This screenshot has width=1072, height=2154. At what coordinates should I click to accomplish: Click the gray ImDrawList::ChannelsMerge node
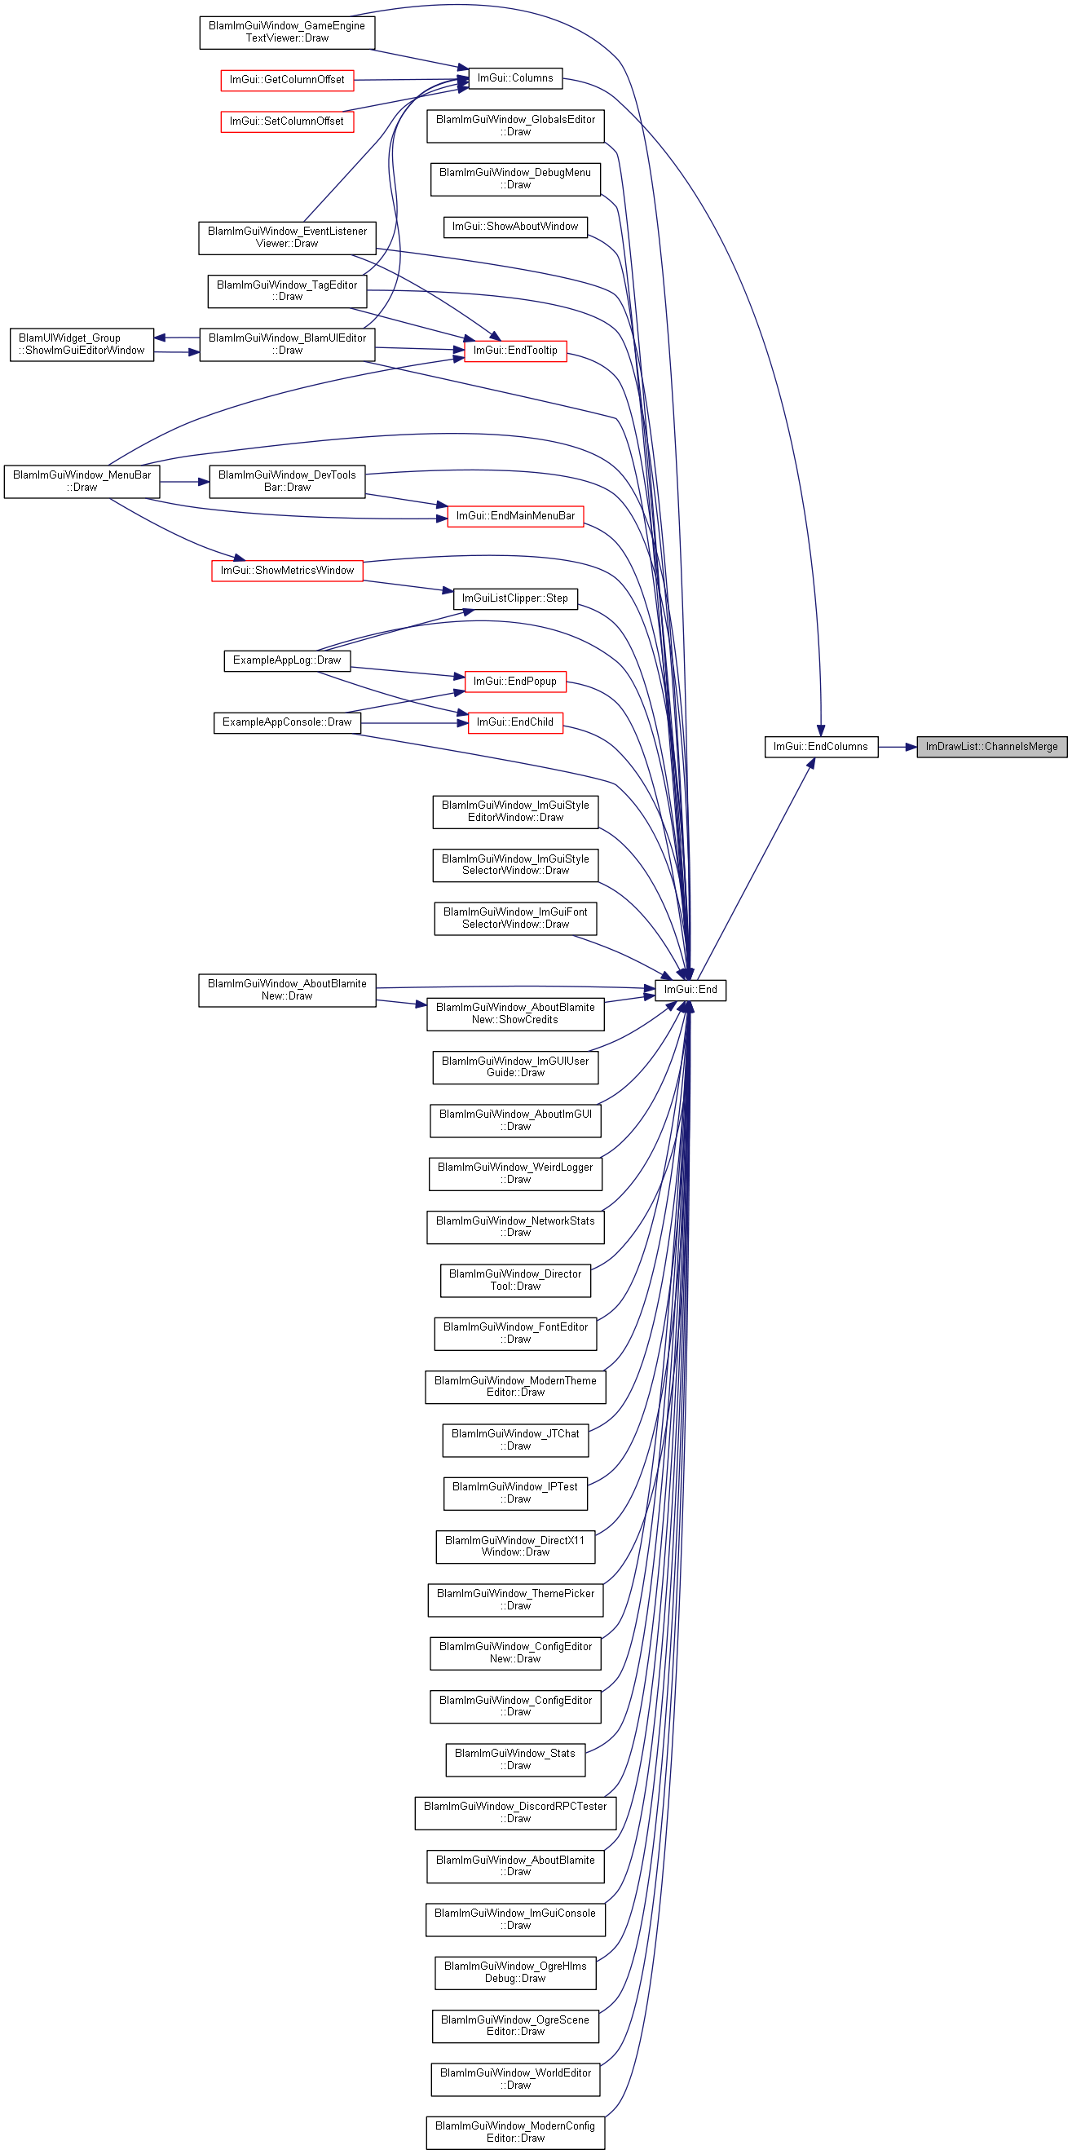point(992,747)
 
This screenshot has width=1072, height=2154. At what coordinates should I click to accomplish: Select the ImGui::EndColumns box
point(821,747)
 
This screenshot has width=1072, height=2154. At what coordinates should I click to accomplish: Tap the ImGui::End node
point(690,990)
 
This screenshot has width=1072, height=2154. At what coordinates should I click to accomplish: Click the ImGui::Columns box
point(515,78)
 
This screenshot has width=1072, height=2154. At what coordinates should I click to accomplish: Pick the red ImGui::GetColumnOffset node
point(287,80)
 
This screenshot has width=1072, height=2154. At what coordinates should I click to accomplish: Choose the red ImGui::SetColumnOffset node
point(287,122)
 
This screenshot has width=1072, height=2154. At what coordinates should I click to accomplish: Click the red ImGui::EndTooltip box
point(515,351)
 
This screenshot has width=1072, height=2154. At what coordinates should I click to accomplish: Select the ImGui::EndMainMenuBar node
point(515,517)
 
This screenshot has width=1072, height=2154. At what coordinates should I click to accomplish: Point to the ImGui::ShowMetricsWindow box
point(287,571)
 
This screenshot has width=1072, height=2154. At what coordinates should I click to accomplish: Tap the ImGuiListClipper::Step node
point(515,598)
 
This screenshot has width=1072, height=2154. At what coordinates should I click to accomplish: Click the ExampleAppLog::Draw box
point(287,660)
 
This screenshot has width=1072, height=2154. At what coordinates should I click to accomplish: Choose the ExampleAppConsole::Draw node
point(287,722)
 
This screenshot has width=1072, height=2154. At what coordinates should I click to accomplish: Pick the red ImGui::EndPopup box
point(515,682)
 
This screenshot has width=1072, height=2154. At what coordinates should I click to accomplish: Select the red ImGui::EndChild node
point(515,722)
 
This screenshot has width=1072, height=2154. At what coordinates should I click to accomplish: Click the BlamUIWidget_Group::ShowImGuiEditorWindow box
point(82,345)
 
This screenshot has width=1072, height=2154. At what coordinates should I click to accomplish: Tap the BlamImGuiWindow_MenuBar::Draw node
point(82,482)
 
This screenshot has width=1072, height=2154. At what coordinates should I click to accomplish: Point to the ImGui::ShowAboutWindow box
point(515,227)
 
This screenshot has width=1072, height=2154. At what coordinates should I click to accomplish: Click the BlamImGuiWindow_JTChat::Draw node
point(515,1440)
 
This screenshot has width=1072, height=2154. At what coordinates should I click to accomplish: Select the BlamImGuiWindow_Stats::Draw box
point(515,1759)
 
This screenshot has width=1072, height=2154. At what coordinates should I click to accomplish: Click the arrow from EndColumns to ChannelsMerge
point(898,747)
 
